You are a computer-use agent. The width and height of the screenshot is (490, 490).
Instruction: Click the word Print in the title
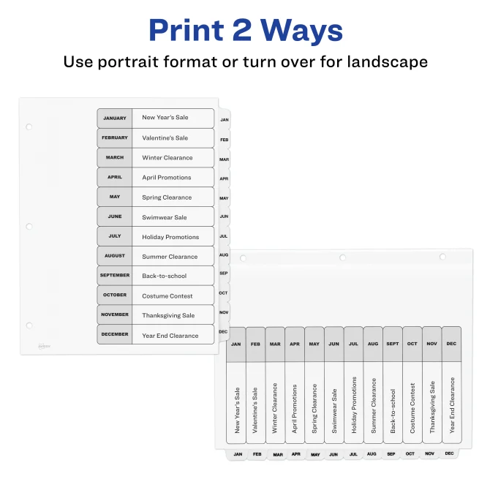[x=186, y=31]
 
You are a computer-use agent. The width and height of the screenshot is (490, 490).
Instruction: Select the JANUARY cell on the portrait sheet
[x=115, y=118]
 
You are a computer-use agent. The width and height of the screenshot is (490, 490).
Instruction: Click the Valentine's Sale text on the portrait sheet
[x=165, y=137]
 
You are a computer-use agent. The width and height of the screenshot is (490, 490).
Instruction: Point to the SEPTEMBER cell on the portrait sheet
[x=115, y=275]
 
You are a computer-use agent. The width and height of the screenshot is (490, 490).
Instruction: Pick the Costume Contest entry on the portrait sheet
[x=167, y=296]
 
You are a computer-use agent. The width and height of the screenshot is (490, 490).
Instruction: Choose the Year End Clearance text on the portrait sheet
[x=170, y=336]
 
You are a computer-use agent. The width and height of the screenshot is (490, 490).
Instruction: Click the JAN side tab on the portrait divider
[x=225, y=120]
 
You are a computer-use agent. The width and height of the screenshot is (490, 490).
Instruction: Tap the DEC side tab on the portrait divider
[x=223, y=331]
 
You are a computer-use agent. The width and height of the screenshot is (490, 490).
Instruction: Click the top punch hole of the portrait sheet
[x=29, y=127]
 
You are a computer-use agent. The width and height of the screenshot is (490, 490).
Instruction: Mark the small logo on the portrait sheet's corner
[x=44, y=346]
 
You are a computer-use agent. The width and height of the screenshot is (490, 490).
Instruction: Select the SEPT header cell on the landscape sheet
[x=393, y=344]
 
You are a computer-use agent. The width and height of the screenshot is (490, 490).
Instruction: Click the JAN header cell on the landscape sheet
[x=236, y=344]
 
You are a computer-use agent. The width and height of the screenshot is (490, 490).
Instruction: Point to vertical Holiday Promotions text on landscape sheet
[x=354, y=404]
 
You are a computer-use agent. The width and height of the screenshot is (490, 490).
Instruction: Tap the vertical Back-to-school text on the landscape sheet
[x=393, y=411]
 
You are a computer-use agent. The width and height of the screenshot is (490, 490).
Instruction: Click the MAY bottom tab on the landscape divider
[x=315, y=455]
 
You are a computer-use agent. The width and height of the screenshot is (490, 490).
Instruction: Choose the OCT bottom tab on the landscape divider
[x=410, y=453]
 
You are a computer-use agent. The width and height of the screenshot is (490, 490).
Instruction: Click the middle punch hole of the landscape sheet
[x=342, y=257]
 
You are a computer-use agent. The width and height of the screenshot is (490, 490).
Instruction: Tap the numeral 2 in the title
[x=241, y=30]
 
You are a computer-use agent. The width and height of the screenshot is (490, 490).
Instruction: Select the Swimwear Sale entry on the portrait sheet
[x=165, y=217]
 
